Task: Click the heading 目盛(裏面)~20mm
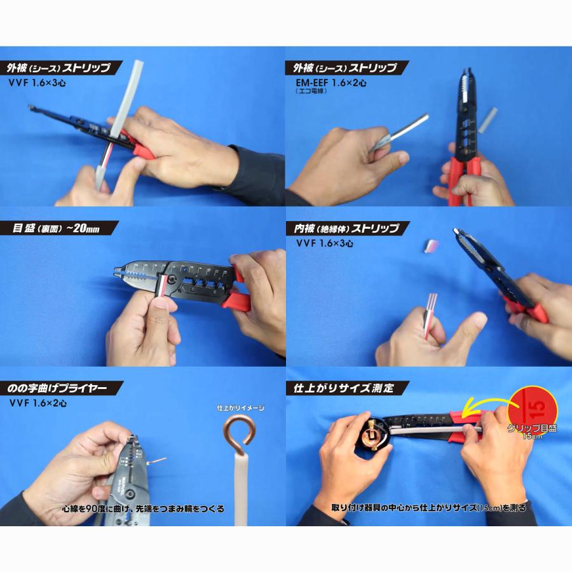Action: coord(56,228)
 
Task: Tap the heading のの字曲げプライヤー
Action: coord(57,388)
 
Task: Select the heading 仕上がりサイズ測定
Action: coord(344,388)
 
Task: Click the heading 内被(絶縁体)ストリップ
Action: coord(346,228)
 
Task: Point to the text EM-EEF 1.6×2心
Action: coord(331,83)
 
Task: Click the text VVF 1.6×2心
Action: coord(38,403)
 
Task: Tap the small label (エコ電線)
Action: coord(311,91)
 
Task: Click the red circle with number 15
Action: coord(535,408)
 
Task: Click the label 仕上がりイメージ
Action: coord(241,408)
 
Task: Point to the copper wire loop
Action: coord(239,434)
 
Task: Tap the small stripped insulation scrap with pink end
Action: coord(433,245)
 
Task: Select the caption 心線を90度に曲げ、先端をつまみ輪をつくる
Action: coord(143,508)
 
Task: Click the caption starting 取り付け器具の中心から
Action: coord(428,507)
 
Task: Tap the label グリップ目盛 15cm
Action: coord(532,431)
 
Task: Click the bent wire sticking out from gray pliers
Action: coord(156,461)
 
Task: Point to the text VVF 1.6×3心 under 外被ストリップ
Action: coord(37,83)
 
